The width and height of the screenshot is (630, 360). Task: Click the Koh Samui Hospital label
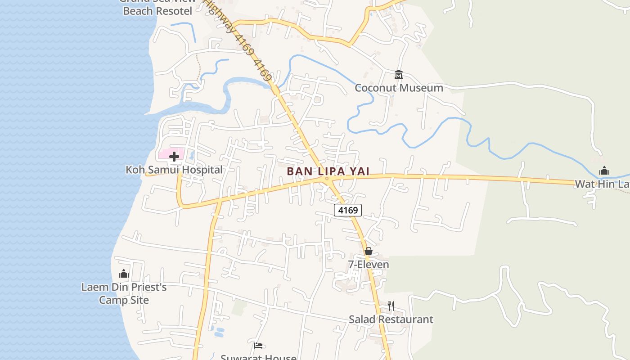pyautogui.click(x=174, y=170)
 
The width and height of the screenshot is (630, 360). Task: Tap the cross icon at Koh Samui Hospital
pyautogui.click(x=174, y=157)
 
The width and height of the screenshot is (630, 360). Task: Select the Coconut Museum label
pyautogui.click(x=399, y=88)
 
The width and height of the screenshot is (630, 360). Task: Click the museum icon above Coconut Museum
pyautogui.click(x=398, y=74)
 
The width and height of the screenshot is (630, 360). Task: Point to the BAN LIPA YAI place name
pyautogui.click(x=328, y=171)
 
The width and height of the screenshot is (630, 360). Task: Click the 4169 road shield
pyautogui.click(x=347, y=210)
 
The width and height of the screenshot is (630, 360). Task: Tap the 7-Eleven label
pyautogui.click(x=369, y=265)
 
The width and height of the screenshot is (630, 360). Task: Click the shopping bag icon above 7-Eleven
pyautogui.click(x=369, y=251)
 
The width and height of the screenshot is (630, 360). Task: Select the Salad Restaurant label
pyautogui.click(x=391, y=319)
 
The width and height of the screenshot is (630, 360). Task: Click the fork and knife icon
pyautogui.click(x=391, y=306)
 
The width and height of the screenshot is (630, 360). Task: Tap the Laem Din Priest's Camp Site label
pyautogui.click(x=124, y=293)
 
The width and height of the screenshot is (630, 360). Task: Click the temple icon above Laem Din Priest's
pyautogui.click(x=124, y=274)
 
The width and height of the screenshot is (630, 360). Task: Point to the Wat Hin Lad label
pyautogui.click(x=602, y=184)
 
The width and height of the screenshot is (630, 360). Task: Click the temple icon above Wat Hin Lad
pyautogui.click(x=604, y=171)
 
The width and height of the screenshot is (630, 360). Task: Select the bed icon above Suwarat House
pyautogui.click(x=258, y=346)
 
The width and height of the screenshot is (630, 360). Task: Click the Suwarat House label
pyautogui.click(x=258, y=357)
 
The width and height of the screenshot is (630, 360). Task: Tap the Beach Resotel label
pyautogui.click(x=157, y=11)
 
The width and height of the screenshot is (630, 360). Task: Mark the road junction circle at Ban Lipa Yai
pyautogui.click(x=327, y=179)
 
